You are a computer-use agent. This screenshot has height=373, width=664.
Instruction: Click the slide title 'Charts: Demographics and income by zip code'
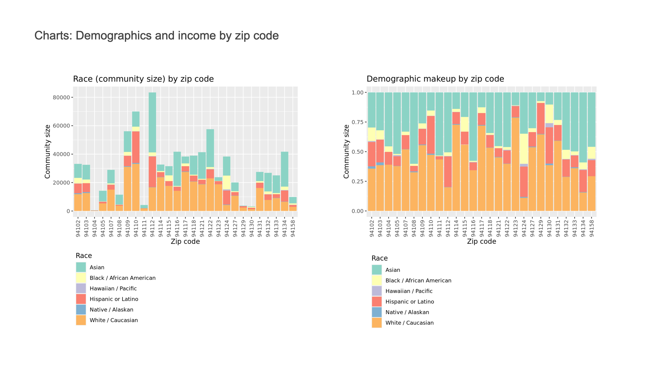pos(156,36)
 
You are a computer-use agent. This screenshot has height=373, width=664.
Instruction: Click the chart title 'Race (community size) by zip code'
pos(143,79)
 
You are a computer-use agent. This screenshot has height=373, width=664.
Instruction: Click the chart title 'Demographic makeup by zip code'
pos(435,79)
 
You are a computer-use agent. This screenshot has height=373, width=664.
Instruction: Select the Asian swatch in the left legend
pos(81,267)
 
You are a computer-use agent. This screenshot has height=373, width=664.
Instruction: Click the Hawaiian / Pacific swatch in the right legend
pos(377,291)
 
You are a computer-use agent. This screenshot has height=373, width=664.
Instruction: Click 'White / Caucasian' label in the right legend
pos(409,323)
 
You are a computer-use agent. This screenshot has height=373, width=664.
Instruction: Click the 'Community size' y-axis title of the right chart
pos(346,152)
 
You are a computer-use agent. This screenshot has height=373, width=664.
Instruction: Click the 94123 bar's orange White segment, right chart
pos(515,165)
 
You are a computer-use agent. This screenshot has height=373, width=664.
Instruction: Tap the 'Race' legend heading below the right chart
pos(379,258)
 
